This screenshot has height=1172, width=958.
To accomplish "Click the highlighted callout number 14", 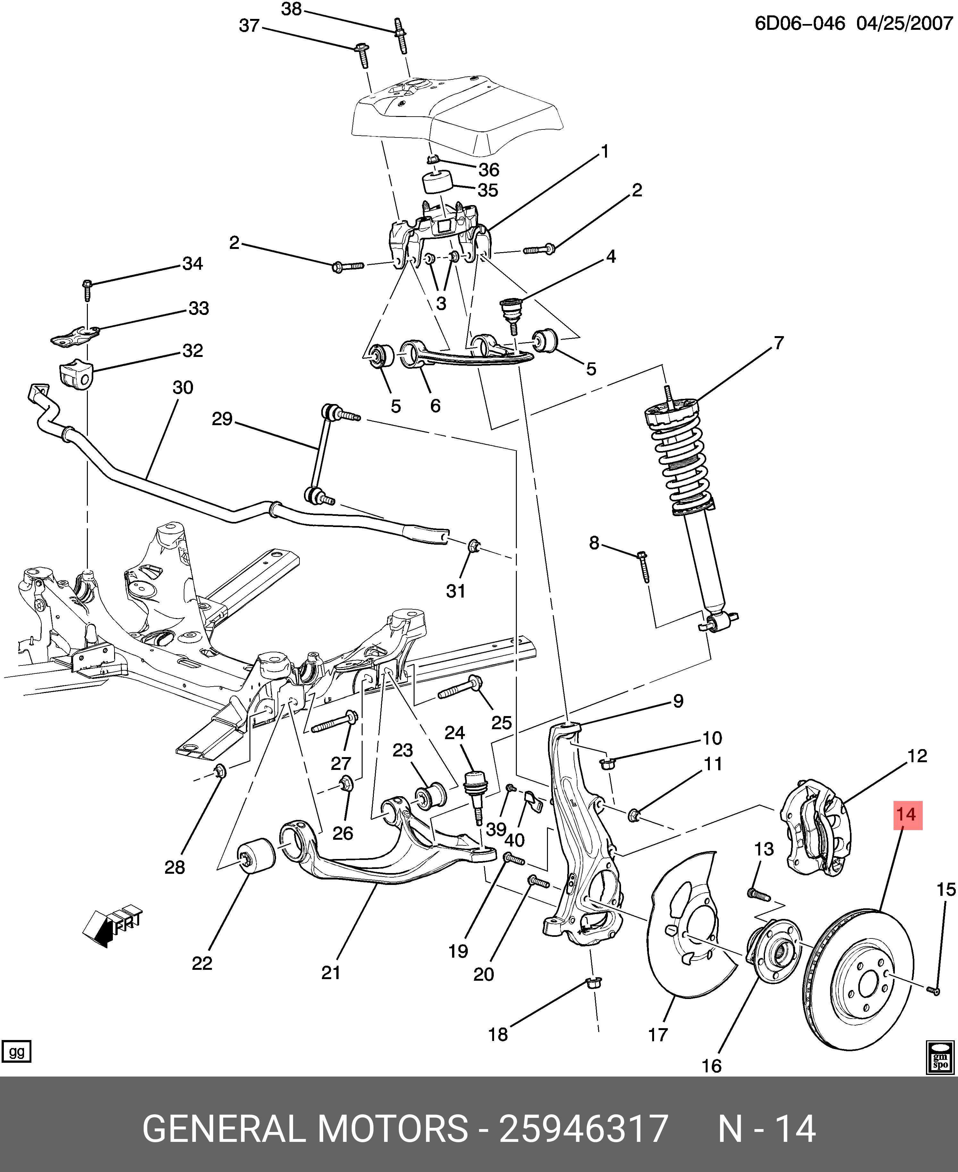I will tap(905, 815).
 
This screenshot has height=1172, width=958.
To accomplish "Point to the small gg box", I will tap(17, 1052).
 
